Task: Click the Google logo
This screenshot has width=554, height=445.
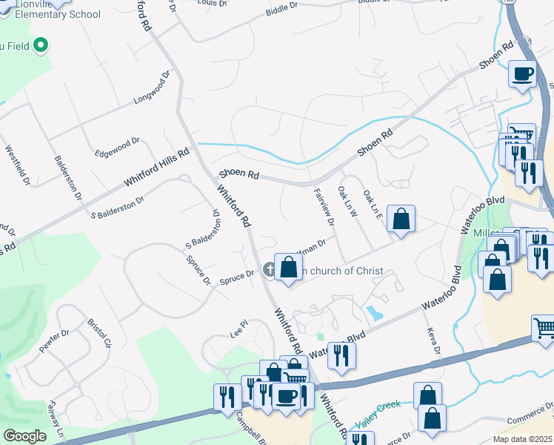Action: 24,435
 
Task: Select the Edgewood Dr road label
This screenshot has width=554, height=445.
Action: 117,147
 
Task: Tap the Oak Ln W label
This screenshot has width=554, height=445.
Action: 347,202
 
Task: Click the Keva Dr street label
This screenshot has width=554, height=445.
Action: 433,340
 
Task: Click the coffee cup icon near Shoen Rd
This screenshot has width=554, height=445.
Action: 523,74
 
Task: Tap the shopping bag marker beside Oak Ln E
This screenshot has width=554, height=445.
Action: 400,219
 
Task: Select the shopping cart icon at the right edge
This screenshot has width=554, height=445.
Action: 544,327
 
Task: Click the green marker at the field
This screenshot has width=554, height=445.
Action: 41,44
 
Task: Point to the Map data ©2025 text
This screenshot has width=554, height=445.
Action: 513,439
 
